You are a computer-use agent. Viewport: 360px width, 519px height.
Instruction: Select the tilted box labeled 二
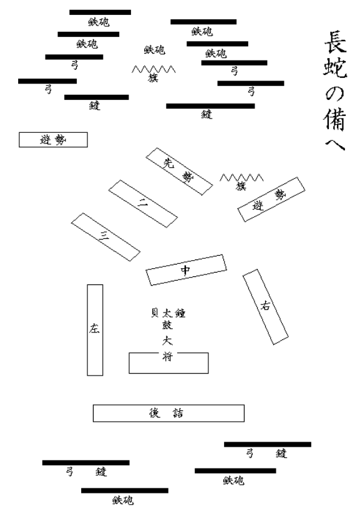tap(142, 203)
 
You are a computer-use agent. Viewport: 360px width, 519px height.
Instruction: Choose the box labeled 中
tap(185, 269)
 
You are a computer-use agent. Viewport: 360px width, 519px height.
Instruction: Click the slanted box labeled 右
tap(265, 306)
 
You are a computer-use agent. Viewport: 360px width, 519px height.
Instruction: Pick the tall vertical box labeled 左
tap(95, 329)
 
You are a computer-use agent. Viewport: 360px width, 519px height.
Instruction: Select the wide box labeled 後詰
tap(168, 413)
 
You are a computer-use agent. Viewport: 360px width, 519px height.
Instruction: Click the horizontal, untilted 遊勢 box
tap(53, 140)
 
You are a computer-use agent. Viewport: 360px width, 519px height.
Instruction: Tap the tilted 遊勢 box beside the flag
tap(271, 199)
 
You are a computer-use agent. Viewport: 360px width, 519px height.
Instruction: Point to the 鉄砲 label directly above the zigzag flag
tap(154, 50)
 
